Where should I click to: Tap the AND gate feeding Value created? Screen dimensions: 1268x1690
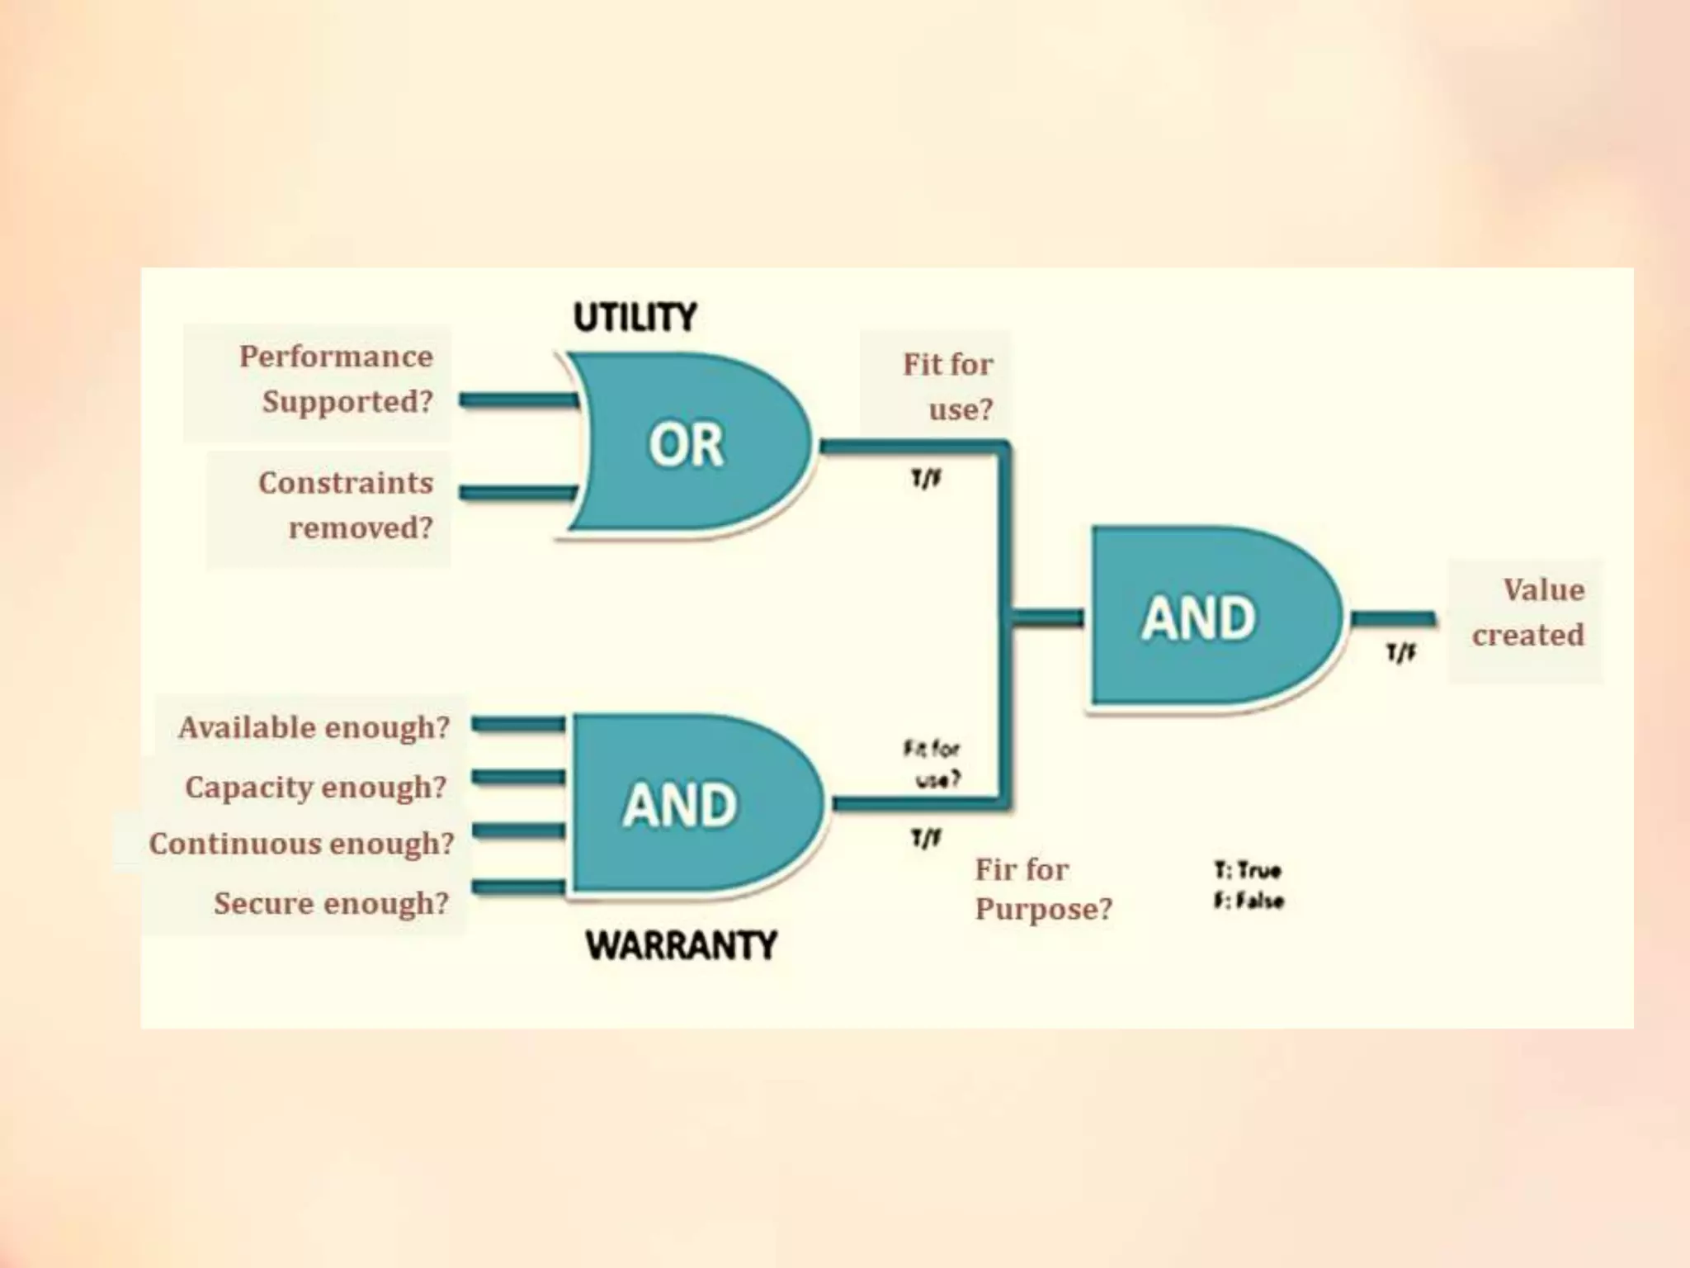pos(1205,617)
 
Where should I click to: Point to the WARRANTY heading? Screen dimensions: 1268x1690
pos(682,945)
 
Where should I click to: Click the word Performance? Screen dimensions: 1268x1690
pos(336,357)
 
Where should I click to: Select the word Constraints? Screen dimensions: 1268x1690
pos(345,483)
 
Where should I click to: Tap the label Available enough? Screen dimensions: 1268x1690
pos(314,727)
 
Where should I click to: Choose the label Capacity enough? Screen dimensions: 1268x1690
pos(315,787)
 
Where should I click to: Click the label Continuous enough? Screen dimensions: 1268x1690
pos(302,844)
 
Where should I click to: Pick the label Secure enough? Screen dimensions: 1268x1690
pos(331,903)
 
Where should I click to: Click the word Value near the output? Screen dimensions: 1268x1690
pos(1543,590)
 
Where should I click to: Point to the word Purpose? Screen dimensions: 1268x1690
pos(1043,909)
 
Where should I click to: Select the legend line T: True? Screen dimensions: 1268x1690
pos(1248,870)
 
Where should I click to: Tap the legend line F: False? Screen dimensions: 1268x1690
pos(1249,900)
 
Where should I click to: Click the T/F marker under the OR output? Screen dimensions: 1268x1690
pos(926,479)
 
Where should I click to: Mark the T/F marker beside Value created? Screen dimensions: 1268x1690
pos(1400,654)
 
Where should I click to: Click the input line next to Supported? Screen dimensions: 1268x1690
pos(518,401)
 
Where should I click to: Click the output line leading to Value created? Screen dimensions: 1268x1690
pos(1393,618)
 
